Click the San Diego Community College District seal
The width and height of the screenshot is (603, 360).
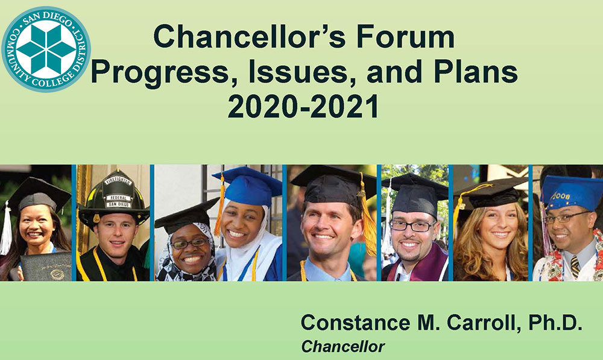point(46,49)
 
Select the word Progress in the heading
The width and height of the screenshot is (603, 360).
point(163,73)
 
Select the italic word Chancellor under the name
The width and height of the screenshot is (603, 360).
point(343,347)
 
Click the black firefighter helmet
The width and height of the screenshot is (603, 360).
point(113,198)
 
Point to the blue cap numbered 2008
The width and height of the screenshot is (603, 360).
point(571,192)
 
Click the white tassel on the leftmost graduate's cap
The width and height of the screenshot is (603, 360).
point(6,230)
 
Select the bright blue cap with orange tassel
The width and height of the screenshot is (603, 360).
point(247,187)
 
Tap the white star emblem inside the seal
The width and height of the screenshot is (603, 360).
point(46,49)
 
